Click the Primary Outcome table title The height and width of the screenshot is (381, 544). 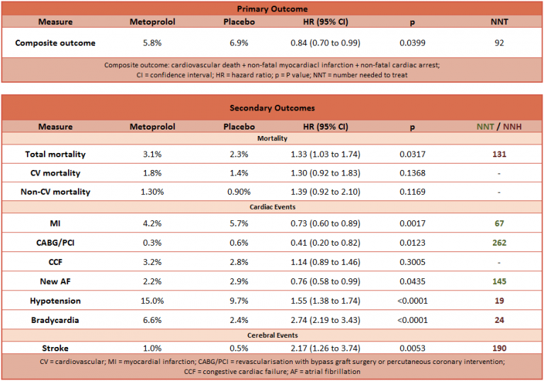[x=272, y=8]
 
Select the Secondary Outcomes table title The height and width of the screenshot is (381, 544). [x=272, y=108]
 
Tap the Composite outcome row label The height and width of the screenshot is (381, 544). [x=55, y=42]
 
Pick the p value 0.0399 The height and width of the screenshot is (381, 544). [x=413, y=42]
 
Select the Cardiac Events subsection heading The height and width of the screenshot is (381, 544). [x=272, y=207]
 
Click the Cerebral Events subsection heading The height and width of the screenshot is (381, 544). [x=272, y=334]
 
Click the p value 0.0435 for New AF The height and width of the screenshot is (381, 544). [x=413, y=281]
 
